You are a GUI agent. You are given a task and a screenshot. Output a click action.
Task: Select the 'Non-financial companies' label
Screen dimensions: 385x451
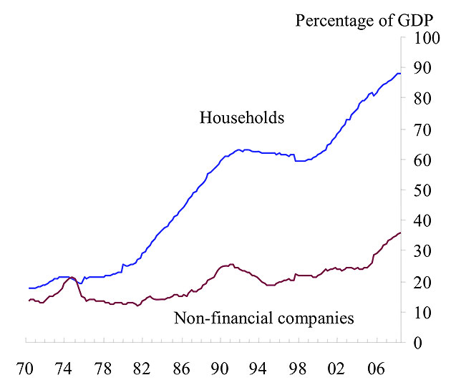coord(264,317)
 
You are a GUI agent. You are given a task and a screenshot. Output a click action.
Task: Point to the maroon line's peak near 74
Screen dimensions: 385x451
coord(72,277)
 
